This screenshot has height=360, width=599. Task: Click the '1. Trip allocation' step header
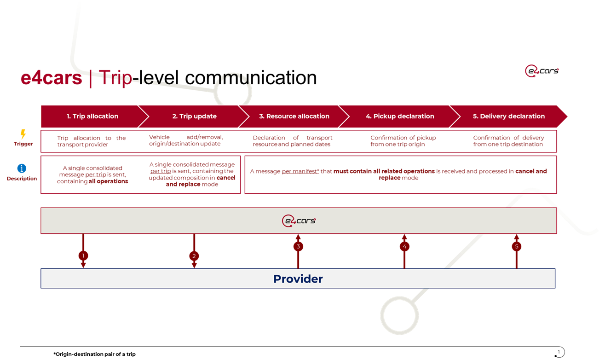(x=92, y=116)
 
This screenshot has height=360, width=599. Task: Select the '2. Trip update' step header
(x=194, y=116)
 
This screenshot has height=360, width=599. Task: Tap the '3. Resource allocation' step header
(x=294, y=116)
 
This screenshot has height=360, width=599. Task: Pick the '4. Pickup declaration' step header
(x=400, y=116)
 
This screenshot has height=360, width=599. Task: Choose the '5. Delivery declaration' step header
(x=508, y=116)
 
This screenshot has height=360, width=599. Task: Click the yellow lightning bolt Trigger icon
(x=23, y=134)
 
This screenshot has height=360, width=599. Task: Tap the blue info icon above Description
(x=22, y=168)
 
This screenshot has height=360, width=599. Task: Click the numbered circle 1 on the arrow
(x=83, y=255)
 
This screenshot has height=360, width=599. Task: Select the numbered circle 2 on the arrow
(x=194, y=256)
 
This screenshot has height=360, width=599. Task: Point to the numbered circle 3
(x=298, y=246)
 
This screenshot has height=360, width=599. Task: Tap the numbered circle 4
(x=404, y=246)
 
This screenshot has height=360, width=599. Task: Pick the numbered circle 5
(x=516, y=246)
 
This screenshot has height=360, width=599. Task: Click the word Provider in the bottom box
(x=298, y=279)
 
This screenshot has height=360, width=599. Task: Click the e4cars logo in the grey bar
(x=299, y=221)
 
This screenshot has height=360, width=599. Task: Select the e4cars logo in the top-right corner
(x=541, y=71)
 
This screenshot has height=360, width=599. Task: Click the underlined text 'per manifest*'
(x=300, y=171)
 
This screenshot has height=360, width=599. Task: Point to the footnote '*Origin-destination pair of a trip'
(x=94, y=354)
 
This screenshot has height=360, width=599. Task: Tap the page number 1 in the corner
(x=559, y=352)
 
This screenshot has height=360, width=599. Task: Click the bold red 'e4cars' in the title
(x=52, y=78)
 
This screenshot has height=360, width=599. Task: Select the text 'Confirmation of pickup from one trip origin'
(x=403, y=141)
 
